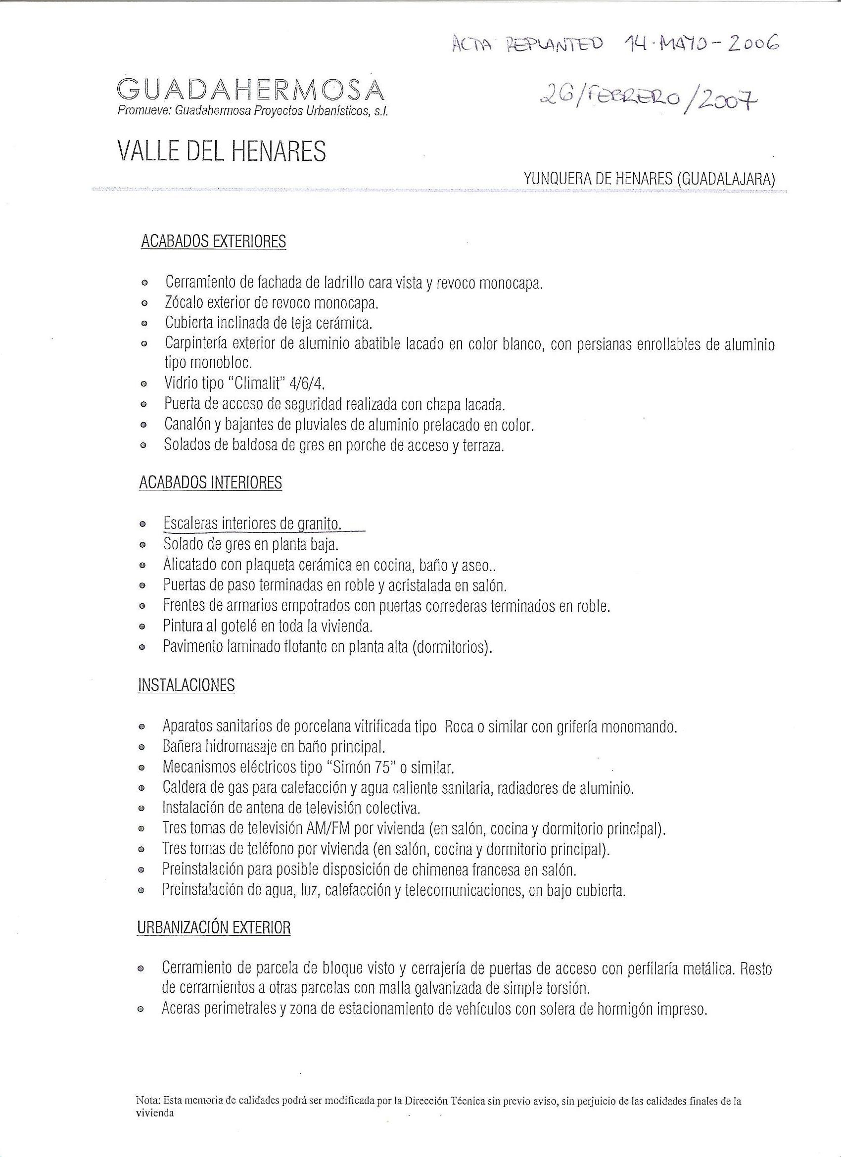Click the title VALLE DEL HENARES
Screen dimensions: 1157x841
coord(221,151)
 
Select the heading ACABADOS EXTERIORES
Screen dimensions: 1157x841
coord(213,241)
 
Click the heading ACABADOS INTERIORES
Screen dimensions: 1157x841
coord(210,482)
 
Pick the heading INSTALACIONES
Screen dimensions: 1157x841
coord(186,685)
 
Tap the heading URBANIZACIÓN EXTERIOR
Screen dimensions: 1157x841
coord(214,927)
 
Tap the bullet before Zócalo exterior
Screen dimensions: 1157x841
coord(144,303)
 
